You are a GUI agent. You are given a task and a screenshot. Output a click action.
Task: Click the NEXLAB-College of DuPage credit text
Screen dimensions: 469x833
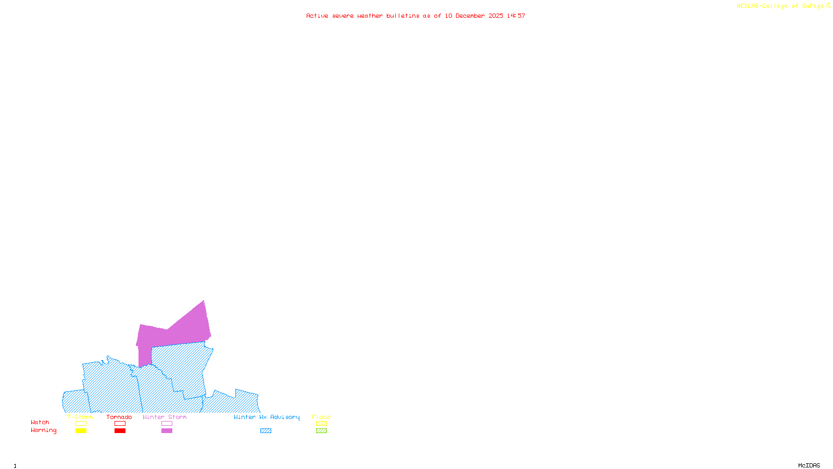tap(783, 6)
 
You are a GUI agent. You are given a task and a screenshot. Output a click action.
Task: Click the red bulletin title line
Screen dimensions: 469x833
tap(415, 16)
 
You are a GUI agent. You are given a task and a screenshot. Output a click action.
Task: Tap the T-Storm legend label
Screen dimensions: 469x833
tap(80, 417)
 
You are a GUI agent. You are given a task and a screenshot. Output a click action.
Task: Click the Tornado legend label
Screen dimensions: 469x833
tap(119, 417)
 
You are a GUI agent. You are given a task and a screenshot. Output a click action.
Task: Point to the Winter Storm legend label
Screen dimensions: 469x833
tap(165, 417)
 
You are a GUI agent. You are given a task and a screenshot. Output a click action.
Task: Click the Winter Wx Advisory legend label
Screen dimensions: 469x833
tap(267, 417)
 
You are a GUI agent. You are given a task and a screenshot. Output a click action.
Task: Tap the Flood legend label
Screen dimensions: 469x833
tap(321, 417)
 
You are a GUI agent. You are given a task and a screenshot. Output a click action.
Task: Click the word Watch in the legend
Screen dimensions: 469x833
tap(40, 423)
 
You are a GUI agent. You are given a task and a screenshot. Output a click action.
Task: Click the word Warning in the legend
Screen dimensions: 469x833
tap(44, 430)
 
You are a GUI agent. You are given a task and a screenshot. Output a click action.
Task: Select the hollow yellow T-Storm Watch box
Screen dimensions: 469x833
tap(81, 424)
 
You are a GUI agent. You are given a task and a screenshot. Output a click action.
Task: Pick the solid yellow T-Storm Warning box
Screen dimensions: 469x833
tap(81, 431)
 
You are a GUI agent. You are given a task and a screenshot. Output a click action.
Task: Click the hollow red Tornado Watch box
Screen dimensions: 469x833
tap(120, 424)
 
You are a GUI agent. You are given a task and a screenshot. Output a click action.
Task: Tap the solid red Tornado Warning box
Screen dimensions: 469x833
tap(120, 431)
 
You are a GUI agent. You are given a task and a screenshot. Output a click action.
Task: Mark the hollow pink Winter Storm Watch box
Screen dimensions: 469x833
tap(167, 424)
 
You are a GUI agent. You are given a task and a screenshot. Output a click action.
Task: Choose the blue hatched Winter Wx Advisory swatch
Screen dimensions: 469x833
tap(266, 431)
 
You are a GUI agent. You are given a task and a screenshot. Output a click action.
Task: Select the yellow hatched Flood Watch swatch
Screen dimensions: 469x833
tap(321, 424)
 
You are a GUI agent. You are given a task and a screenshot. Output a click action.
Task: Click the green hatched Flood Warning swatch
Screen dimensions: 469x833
tap(321, 431)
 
